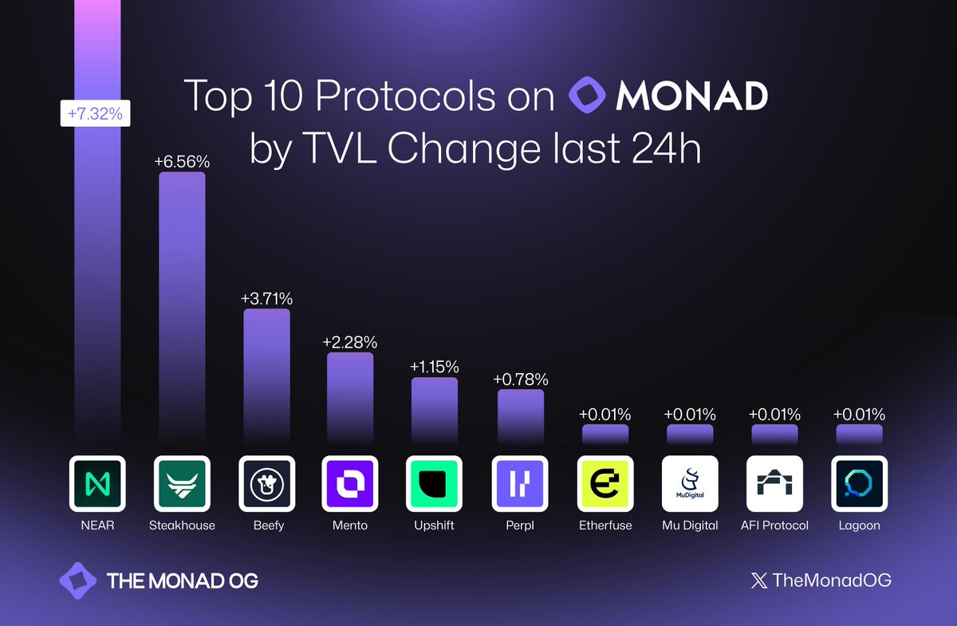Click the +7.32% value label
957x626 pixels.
95,114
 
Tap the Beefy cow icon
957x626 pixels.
266,484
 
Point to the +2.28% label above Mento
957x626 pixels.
349,342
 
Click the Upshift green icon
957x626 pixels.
434,484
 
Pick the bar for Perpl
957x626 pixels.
520,415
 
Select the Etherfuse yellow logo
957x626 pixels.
605,484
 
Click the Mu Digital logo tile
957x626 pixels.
690,484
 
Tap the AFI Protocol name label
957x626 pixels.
774,526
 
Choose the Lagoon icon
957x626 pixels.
858,484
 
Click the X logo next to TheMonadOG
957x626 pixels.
758,581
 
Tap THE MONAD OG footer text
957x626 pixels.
182,581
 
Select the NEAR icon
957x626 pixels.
97,484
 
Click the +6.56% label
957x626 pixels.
182,162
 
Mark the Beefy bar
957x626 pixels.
266,375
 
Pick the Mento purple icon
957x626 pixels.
349,484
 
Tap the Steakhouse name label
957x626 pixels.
182,526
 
